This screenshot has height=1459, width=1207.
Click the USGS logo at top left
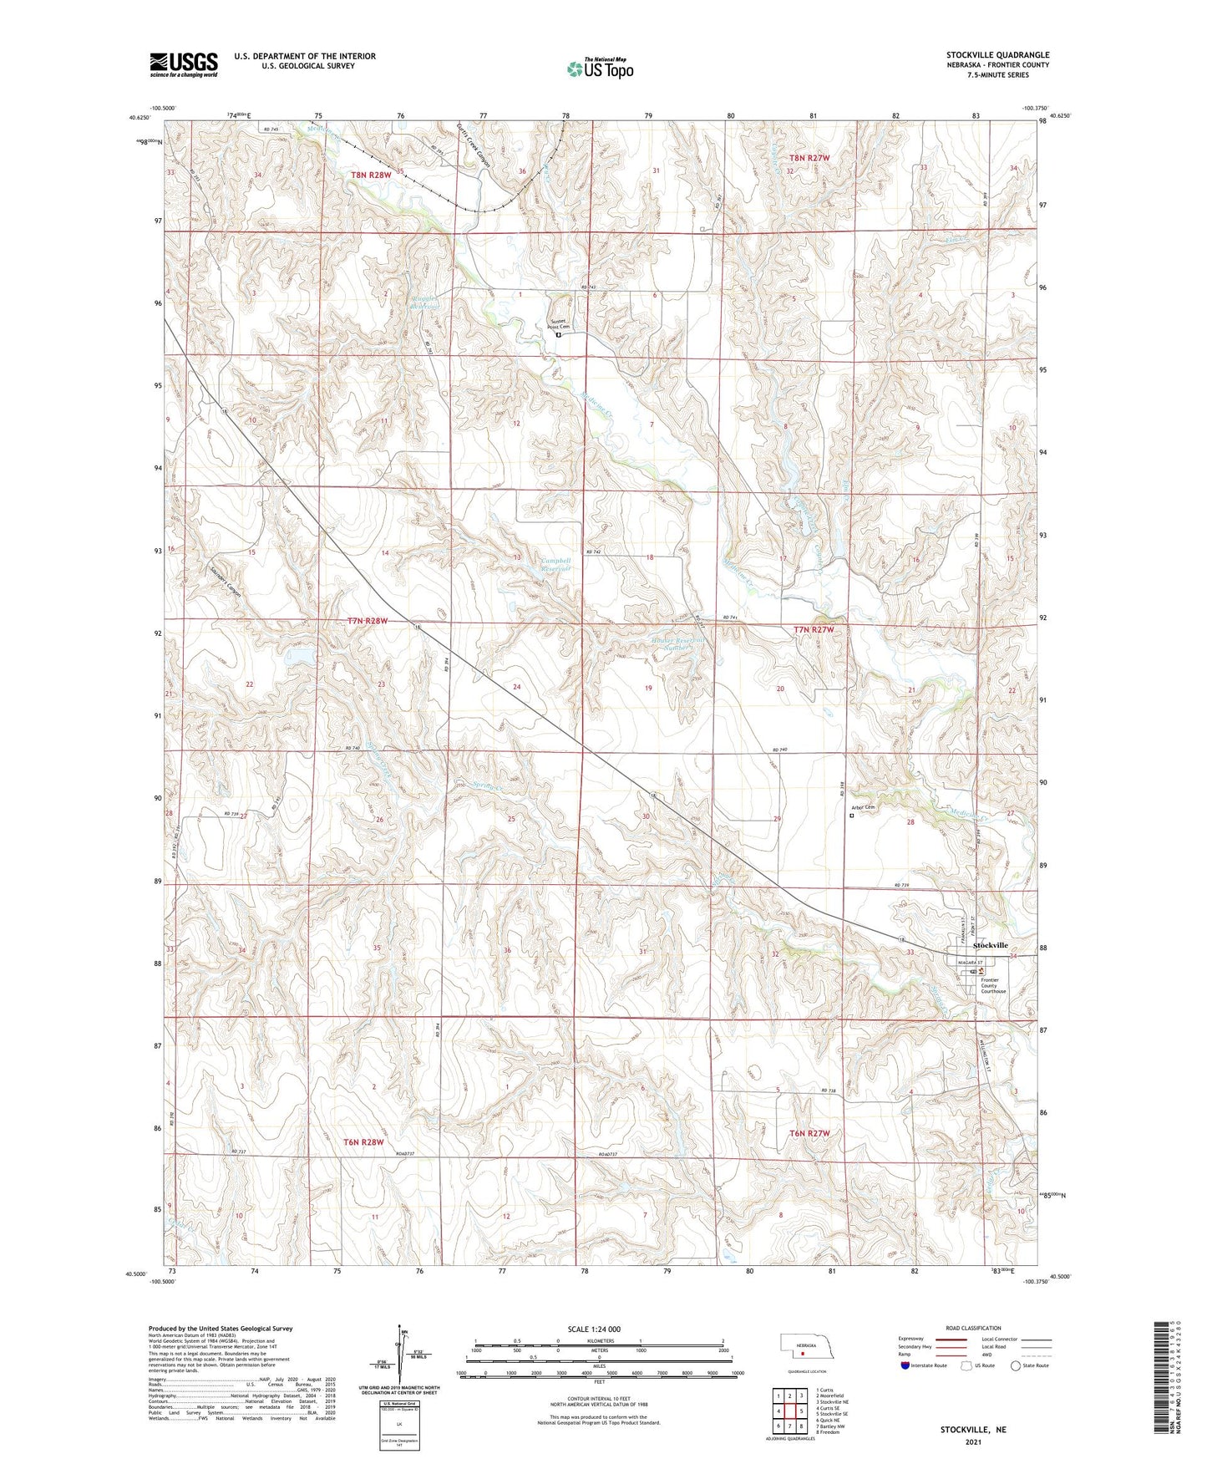[183, 64]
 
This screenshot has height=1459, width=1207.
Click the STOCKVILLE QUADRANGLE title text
[997, 54]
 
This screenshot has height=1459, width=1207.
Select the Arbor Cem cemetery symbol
[852, 816]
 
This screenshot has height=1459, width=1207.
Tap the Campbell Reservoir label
[555, 565]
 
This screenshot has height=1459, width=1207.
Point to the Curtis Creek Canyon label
[474, 141]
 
